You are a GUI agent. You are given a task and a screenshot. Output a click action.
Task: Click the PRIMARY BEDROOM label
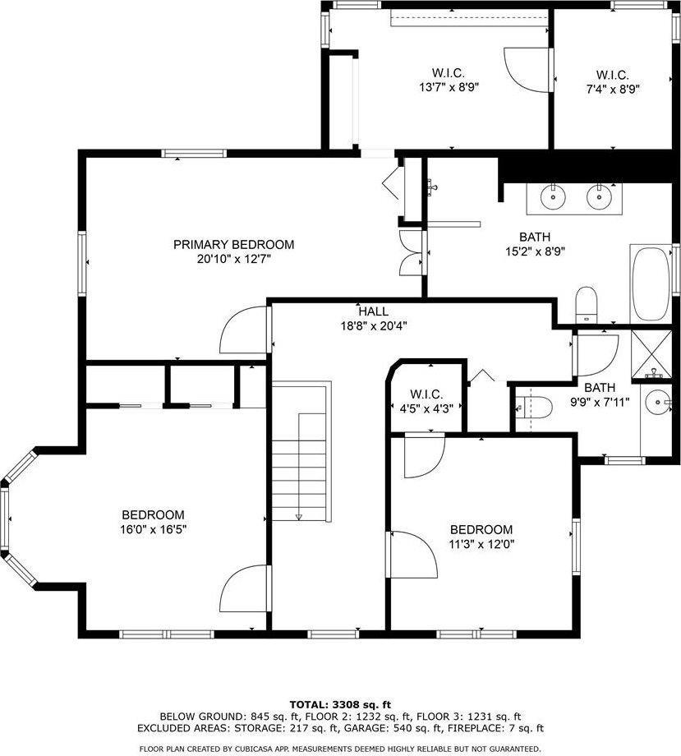pos(233,245)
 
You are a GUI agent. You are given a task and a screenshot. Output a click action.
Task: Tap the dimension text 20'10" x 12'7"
pos(233,259)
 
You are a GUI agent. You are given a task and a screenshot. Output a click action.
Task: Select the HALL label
pos(373,311)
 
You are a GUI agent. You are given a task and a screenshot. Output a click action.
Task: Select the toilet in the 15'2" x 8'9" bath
pos(587,305)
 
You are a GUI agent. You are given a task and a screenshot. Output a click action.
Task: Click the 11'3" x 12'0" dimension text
pos(481,544)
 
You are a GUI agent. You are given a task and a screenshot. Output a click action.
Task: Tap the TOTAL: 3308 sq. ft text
pos(340,704)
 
